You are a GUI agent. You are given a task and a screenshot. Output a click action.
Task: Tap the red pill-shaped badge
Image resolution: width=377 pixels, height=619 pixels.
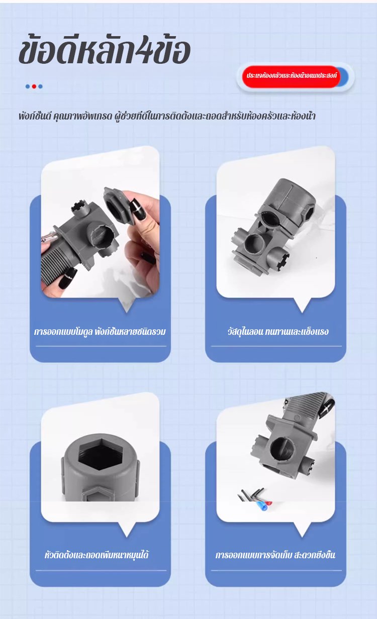291,76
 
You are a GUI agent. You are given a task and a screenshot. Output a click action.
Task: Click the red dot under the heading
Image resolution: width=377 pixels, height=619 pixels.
34,86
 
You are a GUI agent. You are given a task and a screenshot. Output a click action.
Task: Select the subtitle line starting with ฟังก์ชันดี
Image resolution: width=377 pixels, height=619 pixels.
167,116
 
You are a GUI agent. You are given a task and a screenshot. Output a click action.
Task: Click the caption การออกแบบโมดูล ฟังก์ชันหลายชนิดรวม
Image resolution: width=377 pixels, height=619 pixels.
100,331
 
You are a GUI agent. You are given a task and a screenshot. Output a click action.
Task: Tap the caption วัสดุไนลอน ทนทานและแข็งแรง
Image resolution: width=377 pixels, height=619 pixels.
278,331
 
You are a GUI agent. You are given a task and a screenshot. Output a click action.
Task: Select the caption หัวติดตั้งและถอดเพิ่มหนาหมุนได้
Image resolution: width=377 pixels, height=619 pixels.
97,555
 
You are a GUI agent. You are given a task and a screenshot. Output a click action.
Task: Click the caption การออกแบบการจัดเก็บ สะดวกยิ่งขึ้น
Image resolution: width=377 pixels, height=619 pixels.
275,555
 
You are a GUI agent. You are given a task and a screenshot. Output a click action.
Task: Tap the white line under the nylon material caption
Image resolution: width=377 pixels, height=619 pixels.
276,346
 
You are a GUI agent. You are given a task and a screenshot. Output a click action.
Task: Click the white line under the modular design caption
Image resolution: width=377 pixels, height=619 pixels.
101,346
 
